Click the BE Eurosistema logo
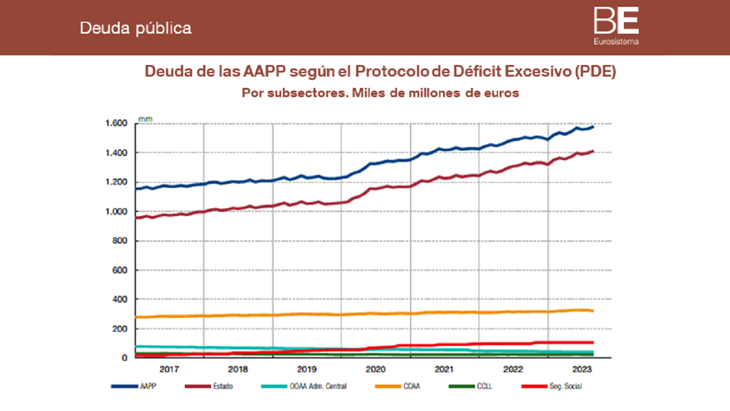tap(616, 26)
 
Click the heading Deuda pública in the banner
tap(135, 28)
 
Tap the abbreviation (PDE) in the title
tap(595, 72)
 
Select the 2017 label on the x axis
tap(169, 369)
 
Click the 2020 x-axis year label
tap(376, 369)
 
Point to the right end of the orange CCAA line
tap(593, 311)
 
